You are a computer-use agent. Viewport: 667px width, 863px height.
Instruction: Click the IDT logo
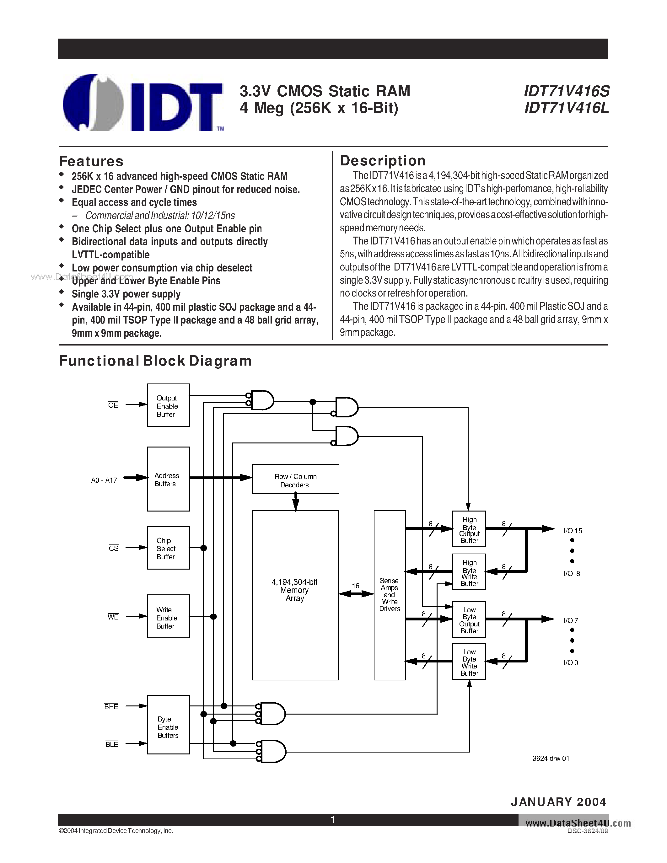142,103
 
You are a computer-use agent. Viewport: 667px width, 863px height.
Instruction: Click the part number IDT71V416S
566,91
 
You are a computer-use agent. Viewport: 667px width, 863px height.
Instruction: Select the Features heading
91,161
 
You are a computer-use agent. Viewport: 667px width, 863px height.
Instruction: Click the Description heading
383,160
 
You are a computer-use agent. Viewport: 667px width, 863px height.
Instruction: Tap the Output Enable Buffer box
168,405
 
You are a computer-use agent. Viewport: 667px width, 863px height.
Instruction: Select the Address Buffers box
168,479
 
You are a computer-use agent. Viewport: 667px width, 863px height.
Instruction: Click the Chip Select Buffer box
168,548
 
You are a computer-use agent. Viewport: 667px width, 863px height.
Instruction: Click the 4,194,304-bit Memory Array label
295,590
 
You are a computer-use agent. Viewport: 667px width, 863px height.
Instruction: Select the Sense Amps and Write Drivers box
389,595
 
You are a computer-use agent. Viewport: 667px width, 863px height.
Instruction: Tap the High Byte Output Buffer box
469,529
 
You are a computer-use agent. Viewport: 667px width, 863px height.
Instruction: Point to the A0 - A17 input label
104,480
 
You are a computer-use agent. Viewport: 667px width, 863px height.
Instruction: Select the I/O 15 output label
573,531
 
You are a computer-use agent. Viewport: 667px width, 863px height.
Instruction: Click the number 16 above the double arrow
356,586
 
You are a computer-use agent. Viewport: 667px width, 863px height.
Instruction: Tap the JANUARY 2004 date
558,802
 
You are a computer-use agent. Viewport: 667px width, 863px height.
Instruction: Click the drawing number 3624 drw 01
551,758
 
